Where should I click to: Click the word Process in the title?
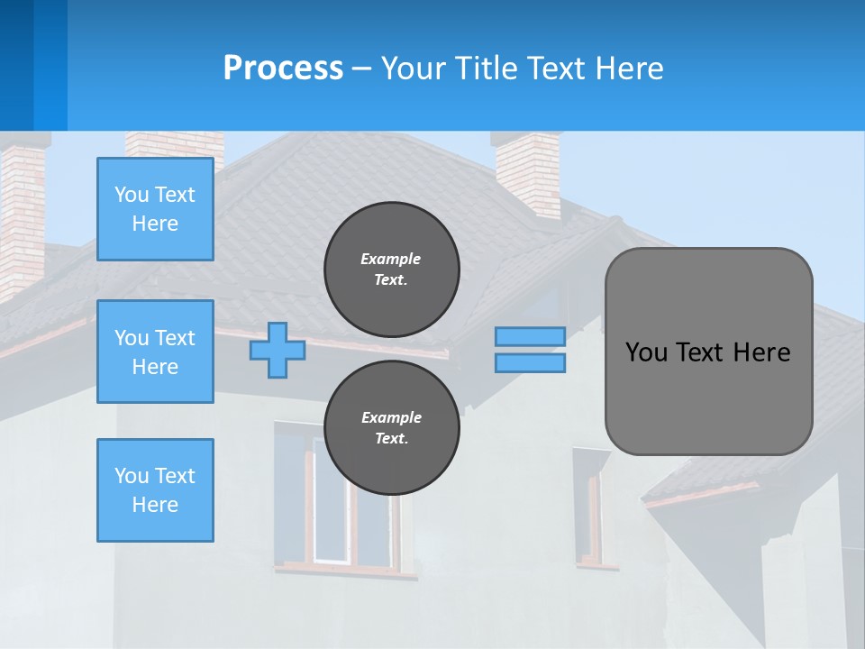coord(283,68)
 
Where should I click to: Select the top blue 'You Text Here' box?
coord(155,209)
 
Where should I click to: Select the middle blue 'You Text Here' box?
coord(155,352)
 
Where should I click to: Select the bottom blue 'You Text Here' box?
coord(155,490)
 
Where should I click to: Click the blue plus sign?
coord(277,350)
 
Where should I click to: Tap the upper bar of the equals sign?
coord(530,336)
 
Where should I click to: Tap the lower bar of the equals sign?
coord(530,362)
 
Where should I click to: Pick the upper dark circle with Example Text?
coord(391,269)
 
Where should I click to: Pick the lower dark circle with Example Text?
coord(391,427)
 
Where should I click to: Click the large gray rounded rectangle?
coord(708,352)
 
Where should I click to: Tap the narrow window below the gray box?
coord(589,509)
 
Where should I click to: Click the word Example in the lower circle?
coord(391,417)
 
